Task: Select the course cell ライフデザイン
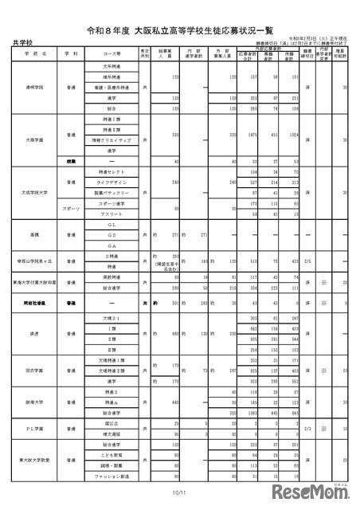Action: point(111,182)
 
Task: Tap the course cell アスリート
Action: point(111,214)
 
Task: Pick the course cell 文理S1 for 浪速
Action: point(111,317)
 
